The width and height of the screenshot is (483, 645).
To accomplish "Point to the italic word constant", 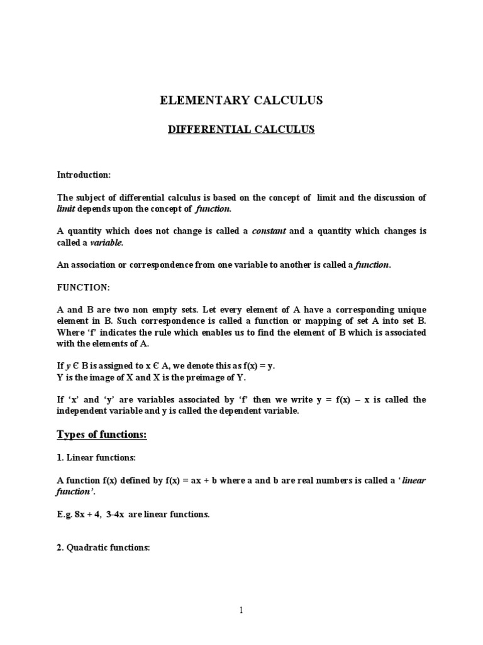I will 269,231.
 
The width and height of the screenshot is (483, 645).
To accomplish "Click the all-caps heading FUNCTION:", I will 84,287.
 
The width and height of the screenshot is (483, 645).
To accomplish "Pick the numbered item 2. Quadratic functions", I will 103,547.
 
